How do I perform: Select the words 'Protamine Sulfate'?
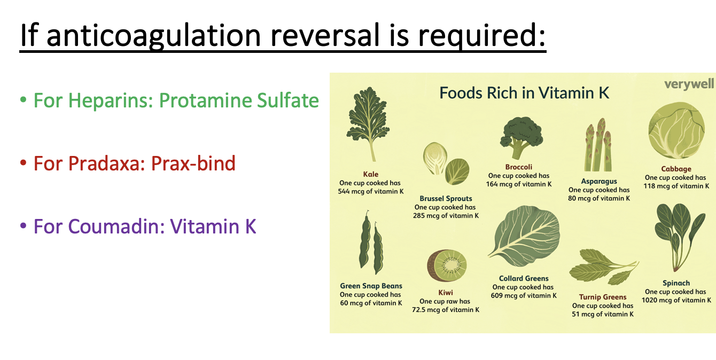click(x=239, y=100)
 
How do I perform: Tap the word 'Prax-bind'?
click(x=193, y=163)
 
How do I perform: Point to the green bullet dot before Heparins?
click(x=23, y=101)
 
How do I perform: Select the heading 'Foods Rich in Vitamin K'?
click(x=524, y=93)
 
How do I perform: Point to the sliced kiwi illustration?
click(x=447, y=265)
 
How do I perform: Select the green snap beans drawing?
click(x=371, y=244)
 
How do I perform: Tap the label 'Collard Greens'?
click(x=524, y=278)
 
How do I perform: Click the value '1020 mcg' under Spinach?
click(x=659, y=300)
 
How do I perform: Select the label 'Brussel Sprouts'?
click(x=446, y=199)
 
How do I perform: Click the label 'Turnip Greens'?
click(x=602, y=297)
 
